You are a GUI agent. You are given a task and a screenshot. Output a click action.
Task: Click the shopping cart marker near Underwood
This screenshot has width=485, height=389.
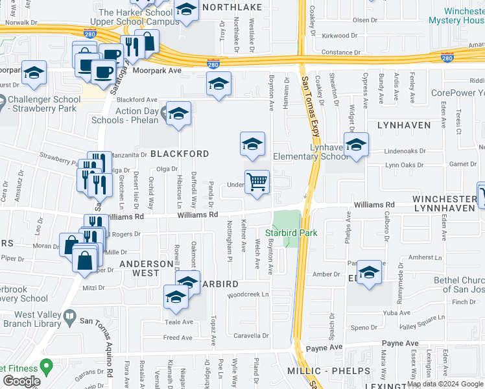point(257,182)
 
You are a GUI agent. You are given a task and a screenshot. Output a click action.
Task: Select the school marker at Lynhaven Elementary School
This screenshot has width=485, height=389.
point(356,145)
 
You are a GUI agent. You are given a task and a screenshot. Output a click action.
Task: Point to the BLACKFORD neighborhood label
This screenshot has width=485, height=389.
point(180,154)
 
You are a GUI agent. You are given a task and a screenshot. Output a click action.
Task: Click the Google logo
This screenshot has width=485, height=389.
point(21,381)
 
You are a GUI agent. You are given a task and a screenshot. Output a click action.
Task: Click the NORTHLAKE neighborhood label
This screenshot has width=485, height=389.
point(231,7)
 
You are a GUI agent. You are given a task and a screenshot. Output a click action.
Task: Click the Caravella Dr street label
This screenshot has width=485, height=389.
point(251,336)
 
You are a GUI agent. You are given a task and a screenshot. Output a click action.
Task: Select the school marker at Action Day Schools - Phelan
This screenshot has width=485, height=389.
point(178,113)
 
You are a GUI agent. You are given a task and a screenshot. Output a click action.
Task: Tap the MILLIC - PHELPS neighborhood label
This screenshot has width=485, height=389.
point(329,371)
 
